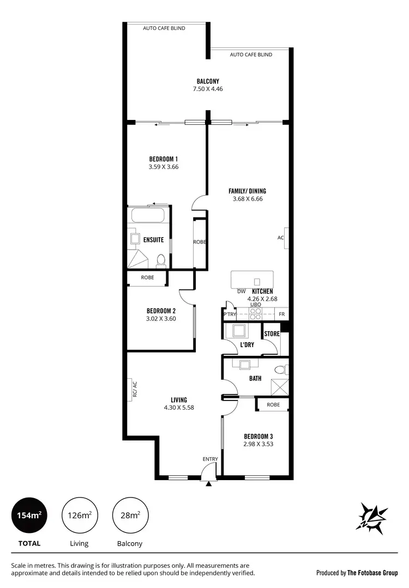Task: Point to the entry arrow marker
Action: click(x=208, y=482)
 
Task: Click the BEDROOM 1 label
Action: click(x=164, y=159)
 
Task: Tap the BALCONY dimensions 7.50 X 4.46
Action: click(x=208, y=89)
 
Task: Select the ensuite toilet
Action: click(x=160, y=260)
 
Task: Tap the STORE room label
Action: click(x=272, y=334)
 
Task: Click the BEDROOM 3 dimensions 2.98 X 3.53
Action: click(x=258, y=444)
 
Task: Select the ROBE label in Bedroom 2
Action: click(x=147, y=277)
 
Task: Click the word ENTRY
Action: click(x=210, y=459)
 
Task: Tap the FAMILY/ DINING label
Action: click(x=247, y=191)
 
